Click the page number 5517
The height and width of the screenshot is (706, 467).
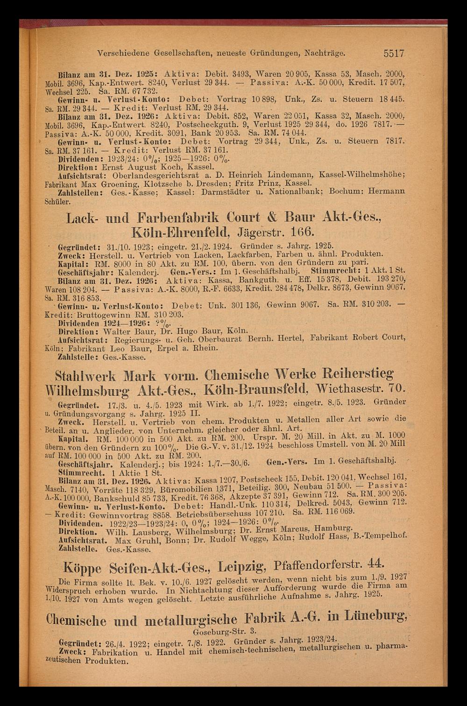(394, 54)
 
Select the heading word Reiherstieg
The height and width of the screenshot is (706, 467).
(354, 374)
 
